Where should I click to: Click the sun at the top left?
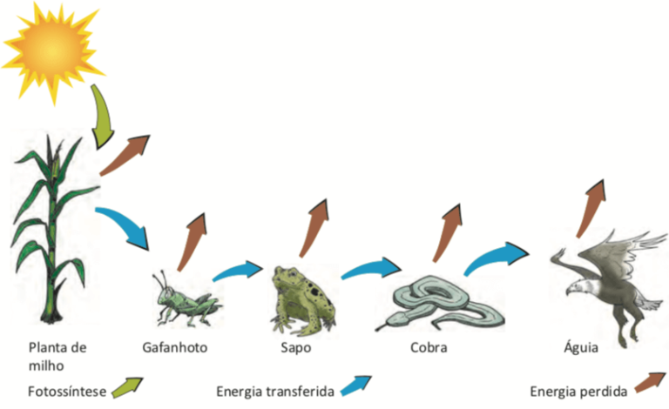pos(52,52)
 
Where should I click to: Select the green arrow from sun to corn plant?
pos(103,117)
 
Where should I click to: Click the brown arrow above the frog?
pos(314,228)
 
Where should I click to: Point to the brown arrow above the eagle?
pos(591,209)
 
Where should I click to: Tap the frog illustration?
pos(303,300)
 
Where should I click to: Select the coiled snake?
pos(439,304)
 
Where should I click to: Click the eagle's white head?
pos(578,286)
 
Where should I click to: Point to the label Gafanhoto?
pos(175,348)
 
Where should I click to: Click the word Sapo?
pos(295,348)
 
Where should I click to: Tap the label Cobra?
pos(429,348)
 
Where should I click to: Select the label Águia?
pos(581,347)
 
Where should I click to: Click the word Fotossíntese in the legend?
pos(67,391)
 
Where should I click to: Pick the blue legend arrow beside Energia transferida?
pos(355,386)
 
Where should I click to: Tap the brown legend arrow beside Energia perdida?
pos(650,382)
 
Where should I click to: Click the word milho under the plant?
pos(46,365)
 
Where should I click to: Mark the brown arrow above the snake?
pos(447,232)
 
